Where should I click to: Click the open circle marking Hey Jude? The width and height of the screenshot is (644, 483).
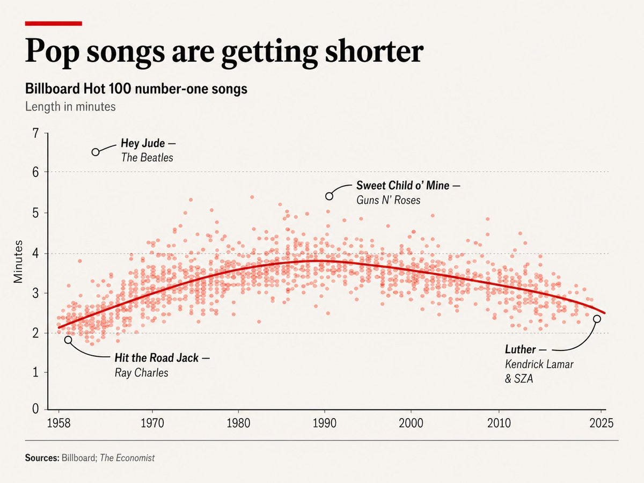[96, 152]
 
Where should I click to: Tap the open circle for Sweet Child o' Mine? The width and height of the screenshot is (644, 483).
[329, 196]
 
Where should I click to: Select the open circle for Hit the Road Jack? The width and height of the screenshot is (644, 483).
[68, 340]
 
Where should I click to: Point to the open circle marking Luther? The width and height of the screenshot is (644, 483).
[597, 319]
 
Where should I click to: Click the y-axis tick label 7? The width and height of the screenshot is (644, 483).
[35, 134]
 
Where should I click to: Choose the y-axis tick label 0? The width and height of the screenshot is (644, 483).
[35, 408]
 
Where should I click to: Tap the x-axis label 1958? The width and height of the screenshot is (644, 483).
[58, 423]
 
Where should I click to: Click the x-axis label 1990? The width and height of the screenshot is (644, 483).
[325, 423]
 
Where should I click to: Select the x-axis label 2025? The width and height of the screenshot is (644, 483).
[602, 423]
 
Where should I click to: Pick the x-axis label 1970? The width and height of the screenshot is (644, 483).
[152, 423]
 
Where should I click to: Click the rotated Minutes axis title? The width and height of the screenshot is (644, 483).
[18, 261]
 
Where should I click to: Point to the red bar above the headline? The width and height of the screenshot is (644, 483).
[53, 24]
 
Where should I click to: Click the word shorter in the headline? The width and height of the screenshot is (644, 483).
[374, 52]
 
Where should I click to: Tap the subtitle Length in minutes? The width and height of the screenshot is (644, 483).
[70, 106]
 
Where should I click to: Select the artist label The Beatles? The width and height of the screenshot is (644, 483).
[147, 157]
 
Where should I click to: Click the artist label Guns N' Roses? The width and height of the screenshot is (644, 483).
[388, 200]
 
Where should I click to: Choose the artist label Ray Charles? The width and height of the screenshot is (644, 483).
[142, 373]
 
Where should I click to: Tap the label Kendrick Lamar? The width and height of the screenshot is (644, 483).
[539, 364]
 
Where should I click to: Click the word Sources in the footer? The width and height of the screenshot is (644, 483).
[42, 458]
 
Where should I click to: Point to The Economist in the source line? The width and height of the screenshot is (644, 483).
[127, 458]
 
